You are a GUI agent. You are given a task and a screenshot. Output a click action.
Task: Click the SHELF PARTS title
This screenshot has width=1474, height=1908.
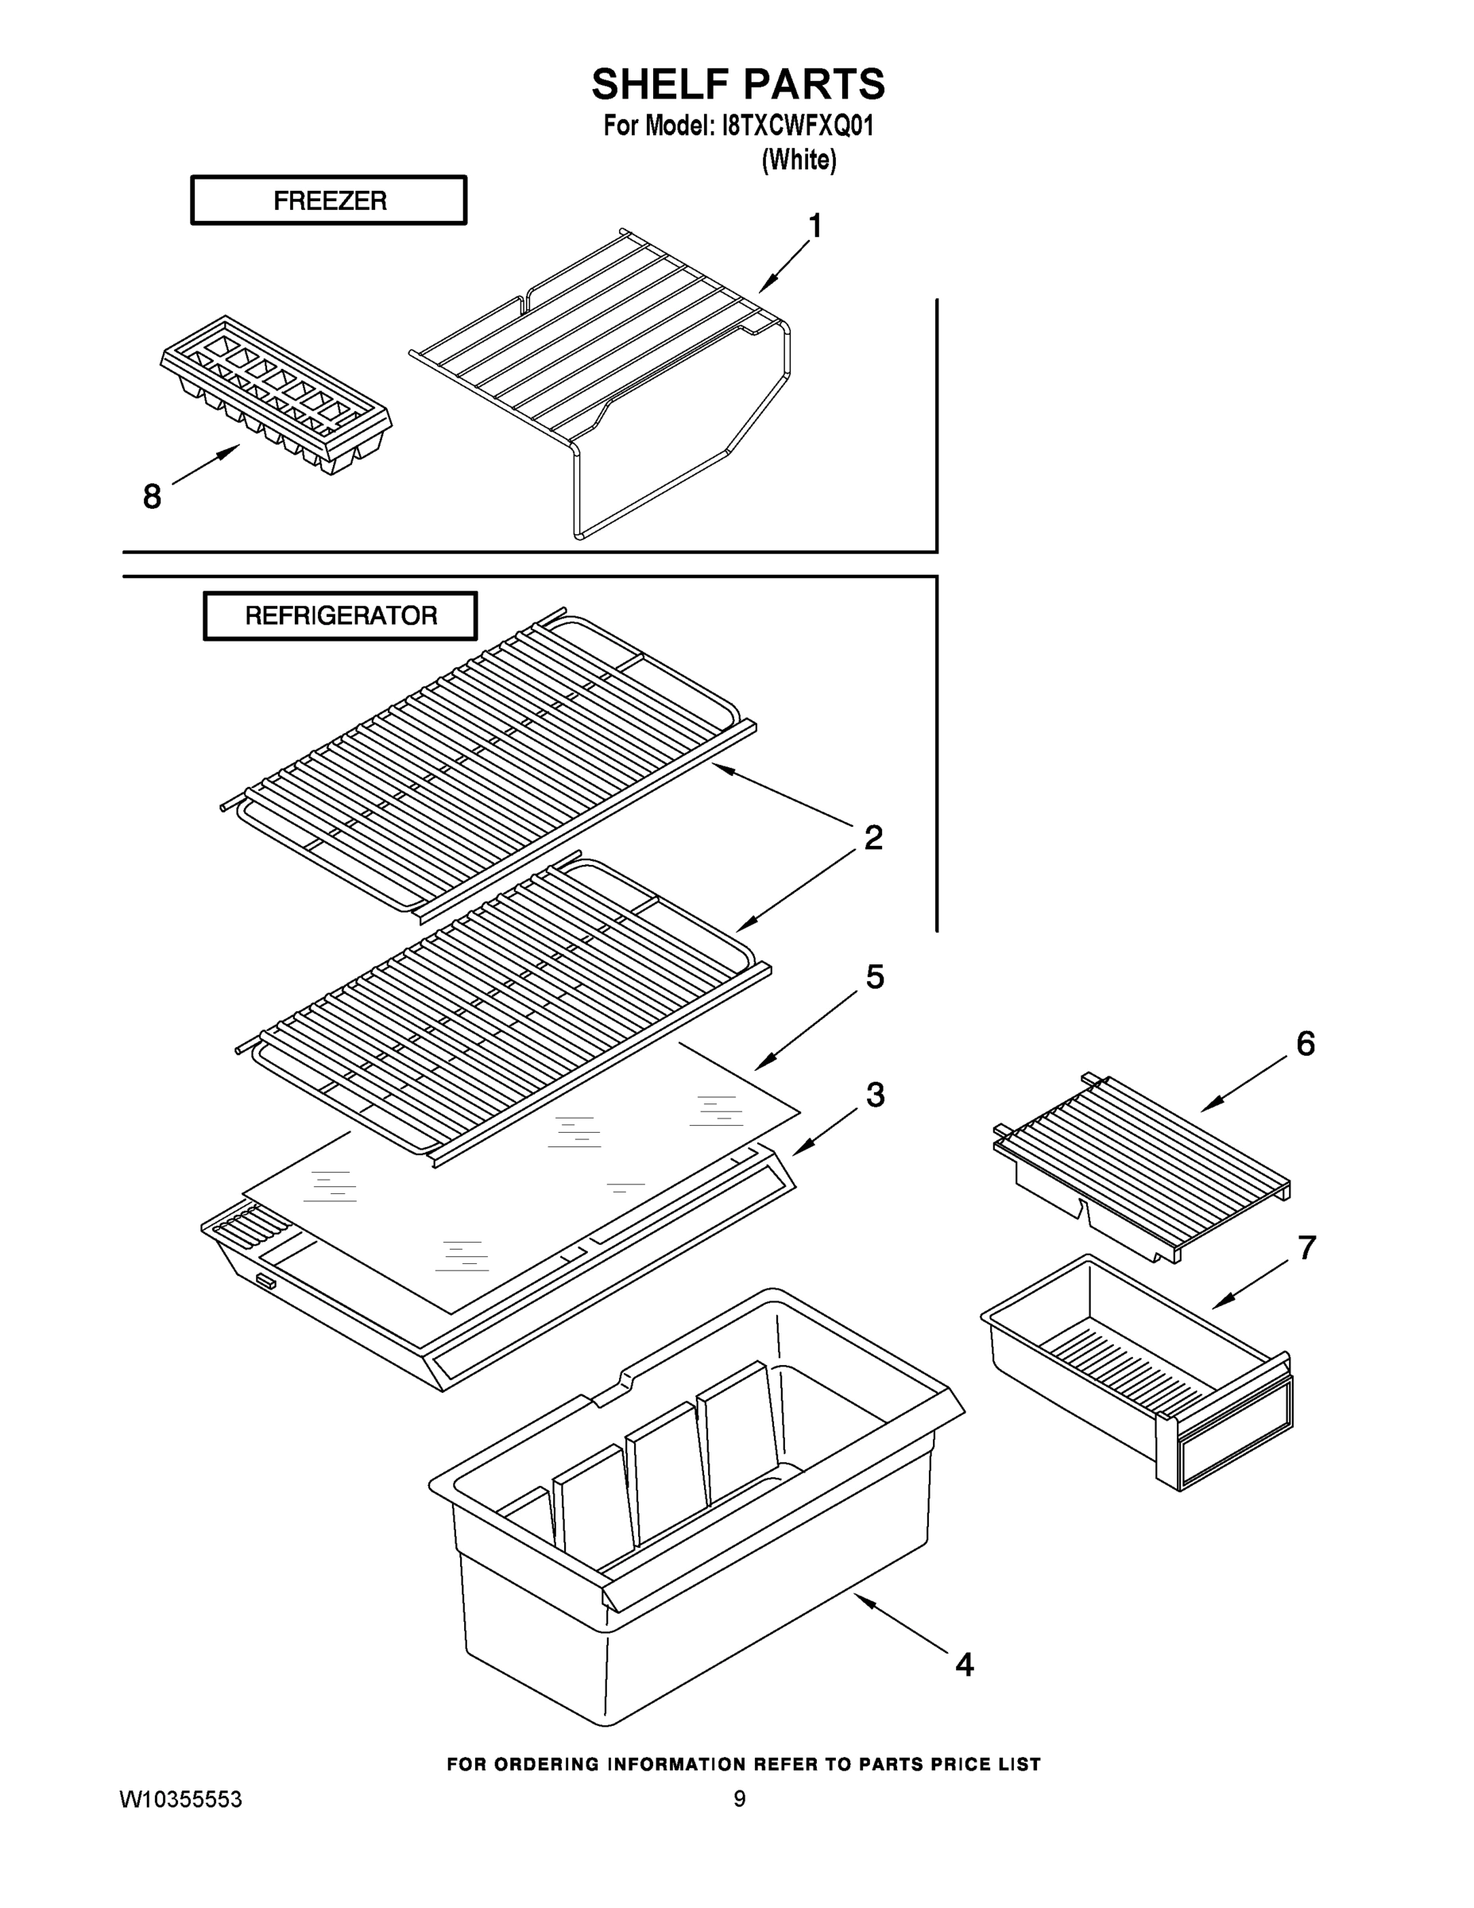(738, 85)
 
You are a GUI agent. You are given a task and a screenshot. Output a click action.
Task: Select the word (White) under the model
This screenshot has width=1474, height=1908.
(798, 160)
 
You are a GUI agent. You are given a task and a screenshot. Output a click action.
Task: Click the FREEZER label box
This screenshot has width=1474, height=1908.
(328, 201)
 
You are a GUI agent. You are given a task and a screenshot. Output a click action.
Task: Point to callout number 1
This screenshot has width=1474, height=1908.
(814, 227)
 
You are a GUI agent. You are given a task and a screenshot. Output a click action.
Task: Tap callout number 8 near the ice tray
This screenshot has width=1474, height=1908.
(152, 497)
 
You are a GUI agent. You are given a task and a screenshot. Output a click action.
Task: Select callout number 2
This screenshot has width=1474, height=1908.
(872, 838)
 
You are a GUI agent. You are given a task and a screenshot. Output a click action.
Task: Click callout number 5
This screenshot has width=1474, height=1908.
(874, 977)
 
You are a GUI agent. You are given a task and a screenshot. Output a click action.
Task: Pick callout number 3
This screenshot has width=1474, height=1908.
(875, 1094)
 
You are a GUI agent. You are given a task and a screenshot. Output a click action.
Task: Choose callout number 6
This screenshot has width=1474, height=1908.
(1305, 1043)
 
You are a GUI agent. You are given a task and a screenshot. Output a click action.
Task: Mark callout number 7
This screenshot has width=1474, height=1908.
(1306, 1248)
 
